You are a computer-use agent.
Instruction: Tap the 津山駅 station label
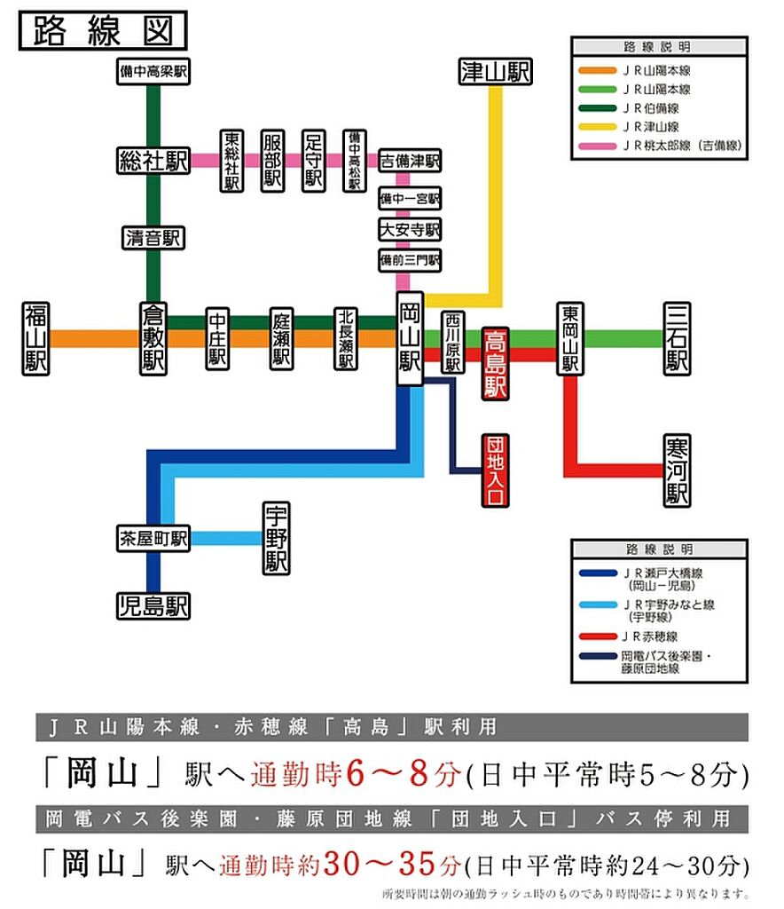click(495, 72)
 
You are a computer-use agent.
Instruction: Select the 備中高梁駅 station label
click(154, 71)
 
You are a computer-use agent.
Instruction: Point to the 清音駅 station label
click(153, 237)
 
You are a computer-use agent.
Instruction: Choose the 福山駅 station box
click(35, 338)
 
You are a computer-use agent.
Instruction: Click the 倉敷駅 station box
click(153, 338)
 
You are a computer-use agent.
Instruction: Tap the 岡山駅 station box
click(410, 338)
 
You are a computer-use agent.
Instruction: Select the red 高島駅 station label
click(494, 364)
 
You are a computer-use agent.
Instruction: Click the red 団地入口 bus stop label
click(494, 470)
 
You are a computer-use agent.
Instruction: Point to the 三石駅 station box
click(678, 338)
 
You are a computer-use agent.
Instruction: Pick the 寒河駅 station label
click(678, 470)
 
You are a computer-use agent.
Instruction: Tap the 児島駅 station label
click(153, 606)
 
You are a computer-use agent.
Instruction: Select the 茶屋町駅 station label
click(153, 538)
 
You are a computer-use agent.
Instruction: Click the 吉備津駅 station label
click(410, 161)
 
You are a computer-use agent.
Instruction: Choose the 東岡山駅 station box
click(569, 338)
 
